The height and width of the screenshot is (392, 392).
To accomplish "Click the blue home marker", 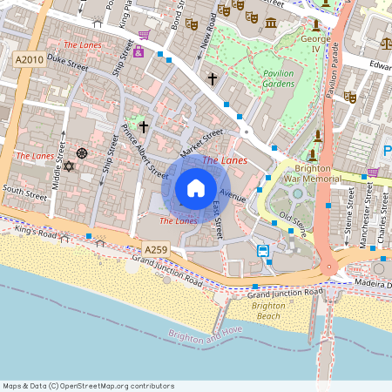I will pyautogui.click(x=195, y=188).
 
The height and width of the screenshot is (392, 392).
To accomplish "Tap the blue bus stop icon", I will pyautogui.click(x=263, y=251).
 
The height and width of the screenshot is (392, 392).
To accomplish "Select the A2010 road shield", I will pyautogui.click(x=29, y=58).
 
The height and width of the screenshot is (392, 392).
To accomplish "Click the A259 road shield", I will pyautogui.click(x=156, y=250).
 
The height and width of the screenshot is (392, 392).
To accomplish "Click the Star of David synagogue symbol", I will pyautogui.click(x=69, y=166).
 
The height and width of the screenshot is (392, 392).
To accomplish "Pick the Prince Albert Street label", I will pyautogui.click(x=145, y=149).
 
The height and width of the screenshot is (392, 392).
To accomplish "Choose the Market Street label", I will pyautogui.click(x=201, y=139).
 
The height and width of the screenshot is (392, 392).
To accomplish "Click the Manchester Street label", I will pyautogui.click(x=364, y=217).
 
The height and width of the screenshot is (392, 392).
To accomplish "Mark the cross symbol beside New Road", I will pyautogui.click(x=212, y=79).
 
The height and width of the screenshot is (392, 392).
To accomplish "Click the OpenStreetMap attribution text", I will pyautogui.click(x=87, y=386).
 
